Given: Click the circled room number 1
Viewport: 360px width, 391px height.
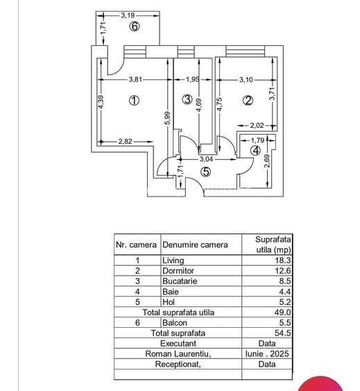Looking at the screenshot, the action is [135, 101].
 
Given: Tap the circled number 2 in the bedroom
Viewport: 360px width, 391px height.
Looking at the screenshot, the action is [248, 101].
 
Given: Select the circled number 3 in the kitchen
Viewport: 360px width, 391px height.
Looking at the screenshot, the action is [187, 100].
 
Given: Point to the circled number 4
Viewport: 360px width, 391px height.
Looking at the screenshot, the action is [256, 150].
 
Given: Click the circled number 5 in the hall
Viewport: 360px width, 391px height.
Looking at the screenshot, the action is [205, 173].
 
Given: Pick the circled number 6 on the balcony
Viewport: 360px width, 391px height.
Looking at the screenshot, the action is [135, 27].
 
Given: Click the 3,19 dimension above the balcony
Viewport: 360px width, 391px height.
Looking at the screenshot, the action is [128, 14].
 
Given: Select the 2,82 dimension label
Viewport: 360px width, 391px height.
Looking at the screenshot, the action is [125, 142].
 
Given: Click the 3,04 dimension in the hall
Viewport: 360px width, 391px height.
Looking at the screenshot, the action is [207, 160].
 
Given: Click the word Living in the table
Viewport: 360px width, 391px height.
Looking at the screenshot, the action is [173, 260].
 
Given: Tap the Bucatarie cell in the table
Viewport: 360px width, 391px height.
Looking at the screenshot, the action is [180, 281].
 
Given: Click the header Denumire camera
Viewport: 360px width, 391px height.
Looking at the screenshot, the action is [195, 244].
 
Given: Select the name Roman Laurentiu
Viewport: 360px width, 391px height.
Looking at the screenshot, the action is [178, 353].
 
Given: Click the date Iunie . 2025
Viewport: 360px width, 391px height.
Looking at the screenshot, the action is [267, 353].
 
